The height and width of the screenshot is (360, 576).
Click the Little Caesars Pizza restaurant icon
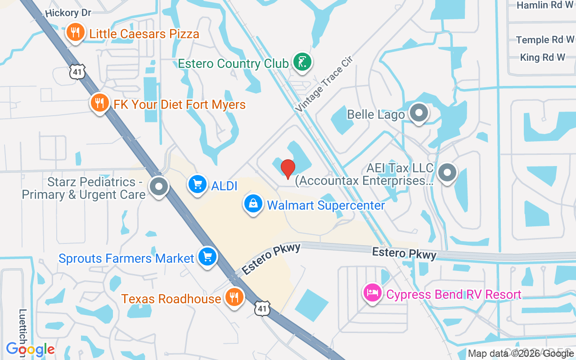pyautogui.click(x=76, y=33)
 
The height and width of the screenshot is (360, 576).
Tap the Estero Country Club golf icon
pyautogui.click(x=302, y=62)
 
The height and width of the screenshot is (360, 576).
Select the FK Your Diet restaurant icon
pyautogui.click(x=100, y=103)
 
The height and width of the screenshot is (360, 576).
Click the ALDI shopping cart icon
pyautogui.click(x=197, y=185)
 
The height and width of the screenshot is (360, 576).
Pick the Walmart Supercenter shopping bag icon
pyautogui.click(x=254, y=204)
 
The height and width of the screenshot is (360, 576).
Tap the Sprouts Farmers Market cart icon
pyautogui.click(x=207, y=257)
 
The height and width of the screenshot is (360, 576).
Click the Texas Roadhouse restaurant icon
pyautogui.click(x=234, y=297)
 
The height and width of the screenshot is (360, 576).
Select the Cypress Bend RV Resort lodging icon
pyautogui.click(x=373, y=293)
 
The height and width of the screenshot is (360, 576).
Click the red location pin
pyautogui.click(x=288, y=169)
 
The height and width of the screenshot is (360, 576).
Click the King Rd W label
pyautogui.click(x=542, y=58)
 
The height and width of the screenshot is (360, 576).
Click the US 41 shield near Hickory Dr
pyautogui.click(x=77, y=72)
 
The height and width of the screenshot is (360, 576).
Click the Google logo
pyautogui.click(x=31, y=349)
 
